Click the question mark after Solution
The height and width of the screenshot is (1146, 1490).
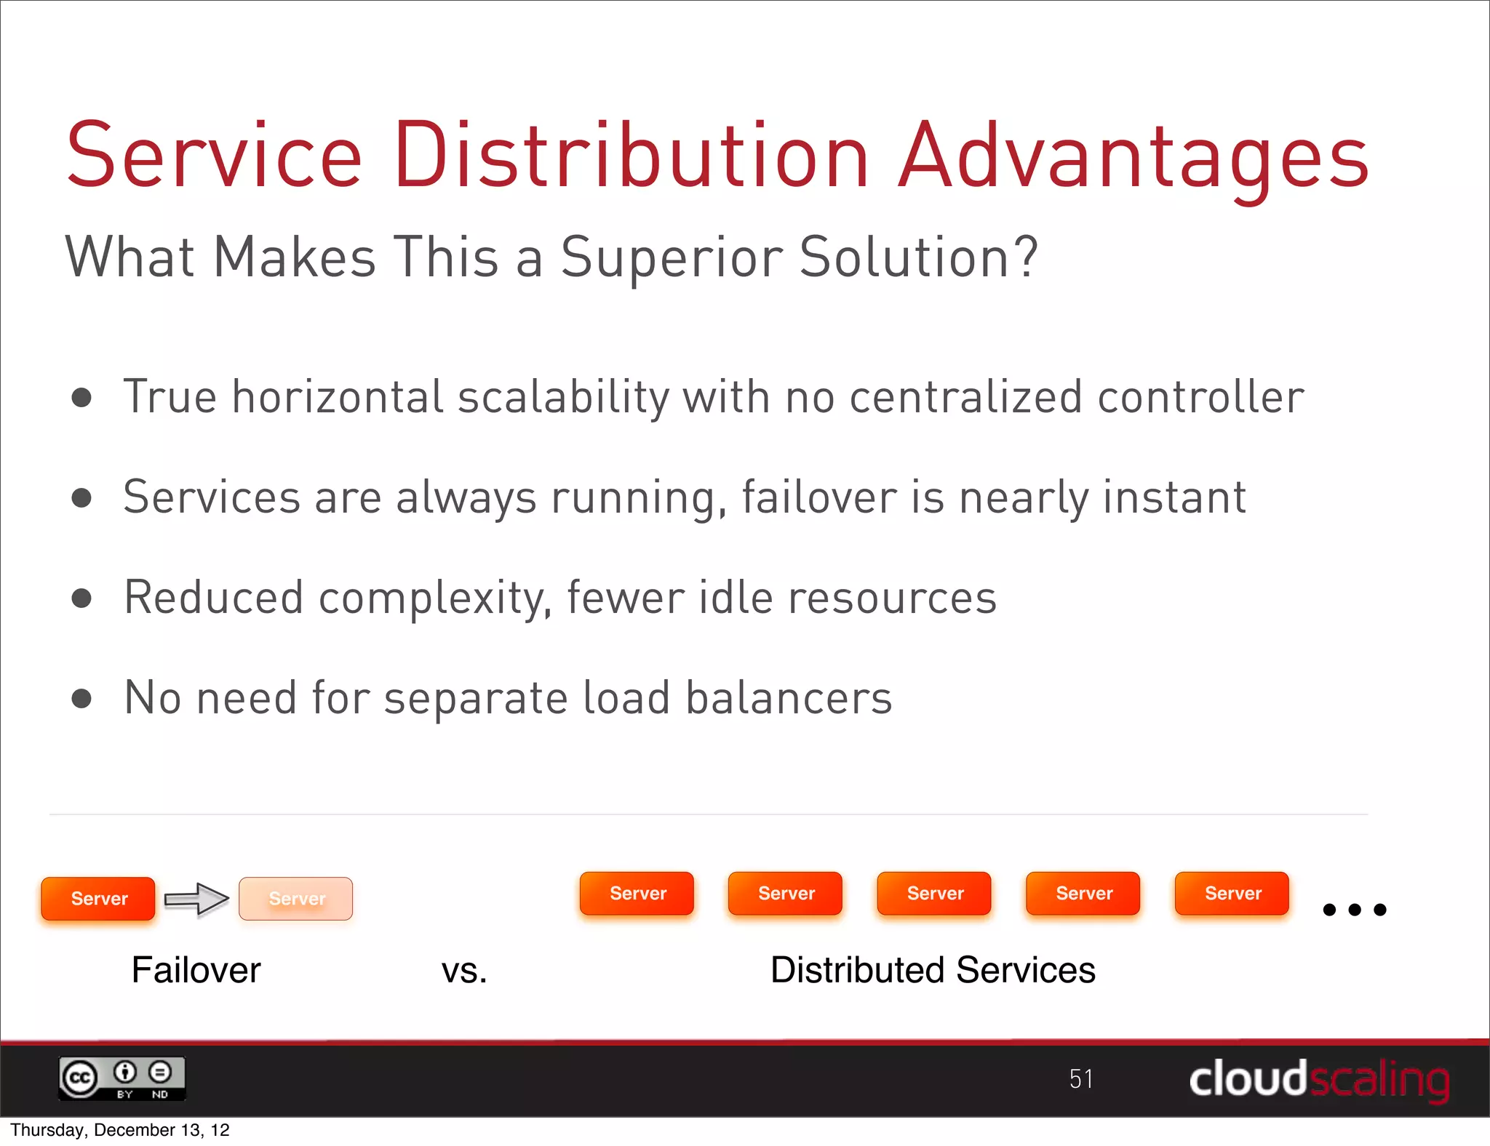click(x=1027, y=256)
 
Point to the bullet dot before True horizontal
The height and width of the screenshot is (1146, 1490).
click(x=82, y=398)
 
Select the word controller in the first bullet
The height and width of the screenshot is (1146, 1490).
click(x=1200, y=398)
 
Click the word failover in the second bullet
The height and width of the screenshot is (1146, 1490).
click(x=818, y=498)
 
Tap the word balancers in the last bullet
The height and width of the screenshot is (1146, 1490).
click(x=789, y=698)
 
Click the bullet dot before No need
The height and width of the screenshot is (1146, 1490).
click(x=82, y=699)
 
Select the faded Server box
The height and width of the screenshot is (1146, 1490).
click(x=296, y=899)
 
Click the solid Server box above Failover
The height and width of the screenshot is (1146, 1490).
click(x=98, y=899)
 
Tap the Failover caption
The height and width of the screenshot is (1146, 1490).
click(x=196, y=970)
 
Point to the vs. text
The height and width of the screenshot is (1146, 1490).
click(x=464, y=971)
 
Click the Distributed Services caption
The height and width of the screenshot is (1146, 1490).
click(x=933, y=970)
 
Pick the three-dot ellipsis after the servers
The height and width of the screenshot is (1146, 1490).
click(x=1354, y=910)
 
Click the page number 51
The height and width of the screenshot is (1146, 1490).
click(x=1081, y=1079)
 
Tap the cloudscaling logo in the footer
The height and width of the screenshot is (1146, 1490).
click(x=1319, y=1079)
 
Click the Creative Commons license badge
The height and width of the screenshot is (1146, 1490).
click(x=122, y=1078)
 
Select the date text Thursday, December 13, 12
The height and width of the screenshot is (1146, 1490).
click(x=120, y=1130)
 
